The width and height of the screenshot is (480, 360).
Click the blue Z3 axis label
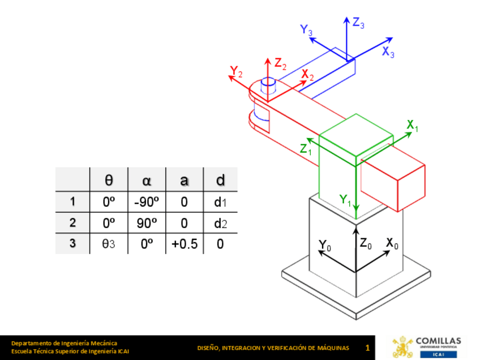[x=358, y=23]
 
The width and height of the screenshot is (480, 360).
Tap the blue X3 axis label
[x=388, y=53]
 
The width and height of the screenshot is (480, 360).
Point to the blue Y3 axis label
[x=307, y=30]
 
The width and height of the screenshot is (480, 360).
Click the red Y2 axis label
[x=236, y=71]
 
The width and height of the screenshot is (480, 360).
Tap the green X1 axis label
[x=413, y=126]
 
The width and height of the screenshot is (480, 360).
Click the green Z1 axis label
[x=306, y=149]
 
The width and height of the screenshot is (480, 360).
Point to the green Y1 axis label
[x=345, y=199]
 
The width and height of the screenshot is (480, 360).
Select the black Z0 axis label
[x=366, y=243]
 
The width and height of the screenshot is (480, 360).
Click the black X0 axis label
[x=392, y=243]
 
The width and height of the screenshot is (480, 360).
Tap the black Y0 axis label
[x=324, y=245]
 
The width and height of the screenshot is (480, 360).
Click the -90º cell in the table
[x=147, y=202]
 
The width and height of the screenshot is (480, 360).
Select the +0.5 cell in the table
[x=184, y=245]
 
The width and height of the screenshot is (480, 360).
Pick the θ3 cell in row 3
[x=109, y=245]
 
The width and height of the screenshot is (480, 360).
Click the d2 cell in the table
[x=220, y=223]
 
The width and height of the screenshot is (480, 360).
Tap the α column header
[x=147, y=181]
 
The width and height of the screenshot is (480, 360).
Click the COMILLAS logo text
[x=438, y=341]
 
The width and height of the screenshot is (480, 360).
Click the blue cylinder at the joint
[x=268, y=85]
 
